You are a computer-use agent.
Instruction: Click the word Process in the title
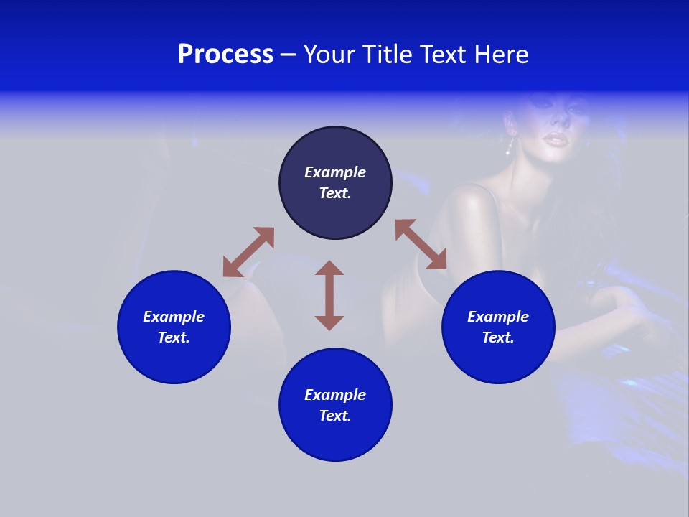(225, 55)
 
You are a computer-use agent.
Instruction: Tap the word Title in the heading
(388, 55)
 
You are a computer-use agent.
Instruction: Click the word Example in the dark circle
(335, 172)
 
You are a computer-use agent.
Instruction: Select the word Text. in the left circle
(174, 337)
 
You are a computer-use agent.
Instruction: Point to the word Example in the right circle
(498, 317)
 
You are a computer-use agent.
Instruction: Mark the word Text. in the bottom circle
(335, 416)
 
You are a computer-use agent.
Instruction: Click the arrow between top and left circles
(248, 252)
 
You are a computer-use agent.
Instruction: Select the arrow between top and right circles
(421, 245)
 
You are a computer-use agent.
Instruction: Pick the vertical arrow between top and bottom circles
(329, 295)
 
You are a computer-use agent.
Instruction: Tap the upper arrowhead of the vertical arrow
(329, 268)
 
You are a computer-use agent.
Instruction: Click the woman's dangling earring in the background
(510, 147)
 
